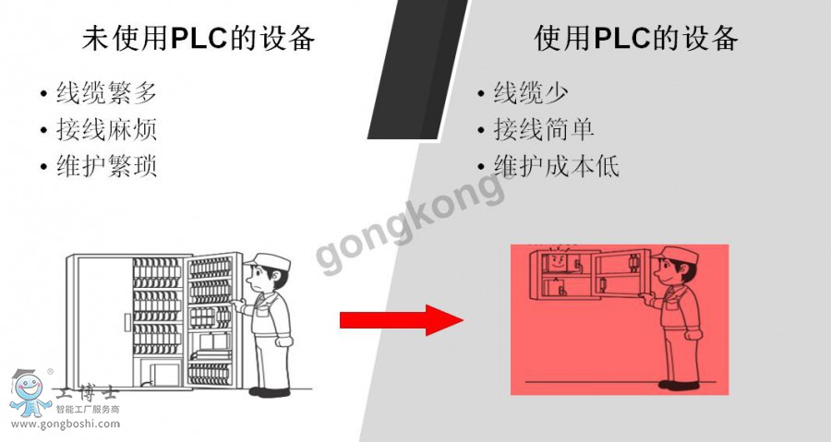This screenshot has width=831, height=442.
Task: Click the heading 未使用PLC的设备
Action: (x=199, y=38)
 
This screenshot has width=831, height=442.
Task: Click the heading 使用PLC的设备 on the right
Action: (x=636, y=38)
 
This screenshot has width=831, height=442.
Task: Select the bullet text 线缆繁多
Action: (x=105, y=93)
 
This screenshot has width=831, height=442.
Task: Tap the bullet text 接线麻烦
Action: (x=105, y=129)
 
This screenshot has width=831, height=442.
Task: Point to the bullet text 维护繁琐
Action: (x=105, y=166)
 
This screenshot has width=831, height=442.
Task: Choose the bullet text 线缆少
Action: (x=531, y=93)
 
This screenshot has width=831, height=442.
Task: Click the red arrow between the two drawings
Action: (x=401, y=320)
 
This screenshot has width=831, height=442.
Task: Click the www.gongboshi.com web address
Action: (x=64, y=424)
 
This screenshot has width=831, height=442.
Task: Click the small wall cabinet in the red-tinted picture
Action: (x=581, y=273)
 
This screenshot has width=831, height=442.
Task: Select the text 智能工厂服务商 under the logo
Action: (x=89, y=409)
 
